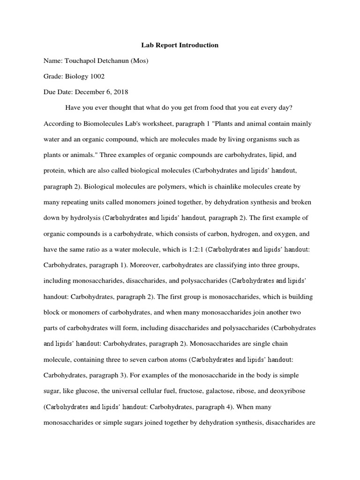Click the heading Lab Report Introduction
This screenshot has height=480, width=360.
click(x=180, y=45)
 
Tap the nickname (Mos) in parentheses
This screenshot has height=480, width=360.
click(x=139, y=61)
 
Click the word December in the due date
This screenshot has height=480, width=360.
click(x=90, y=92)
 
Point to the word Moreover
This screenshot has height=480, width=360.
click(x=145, y=265)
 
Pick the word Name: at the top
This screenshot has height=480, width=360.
click(x=53, y=61)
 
